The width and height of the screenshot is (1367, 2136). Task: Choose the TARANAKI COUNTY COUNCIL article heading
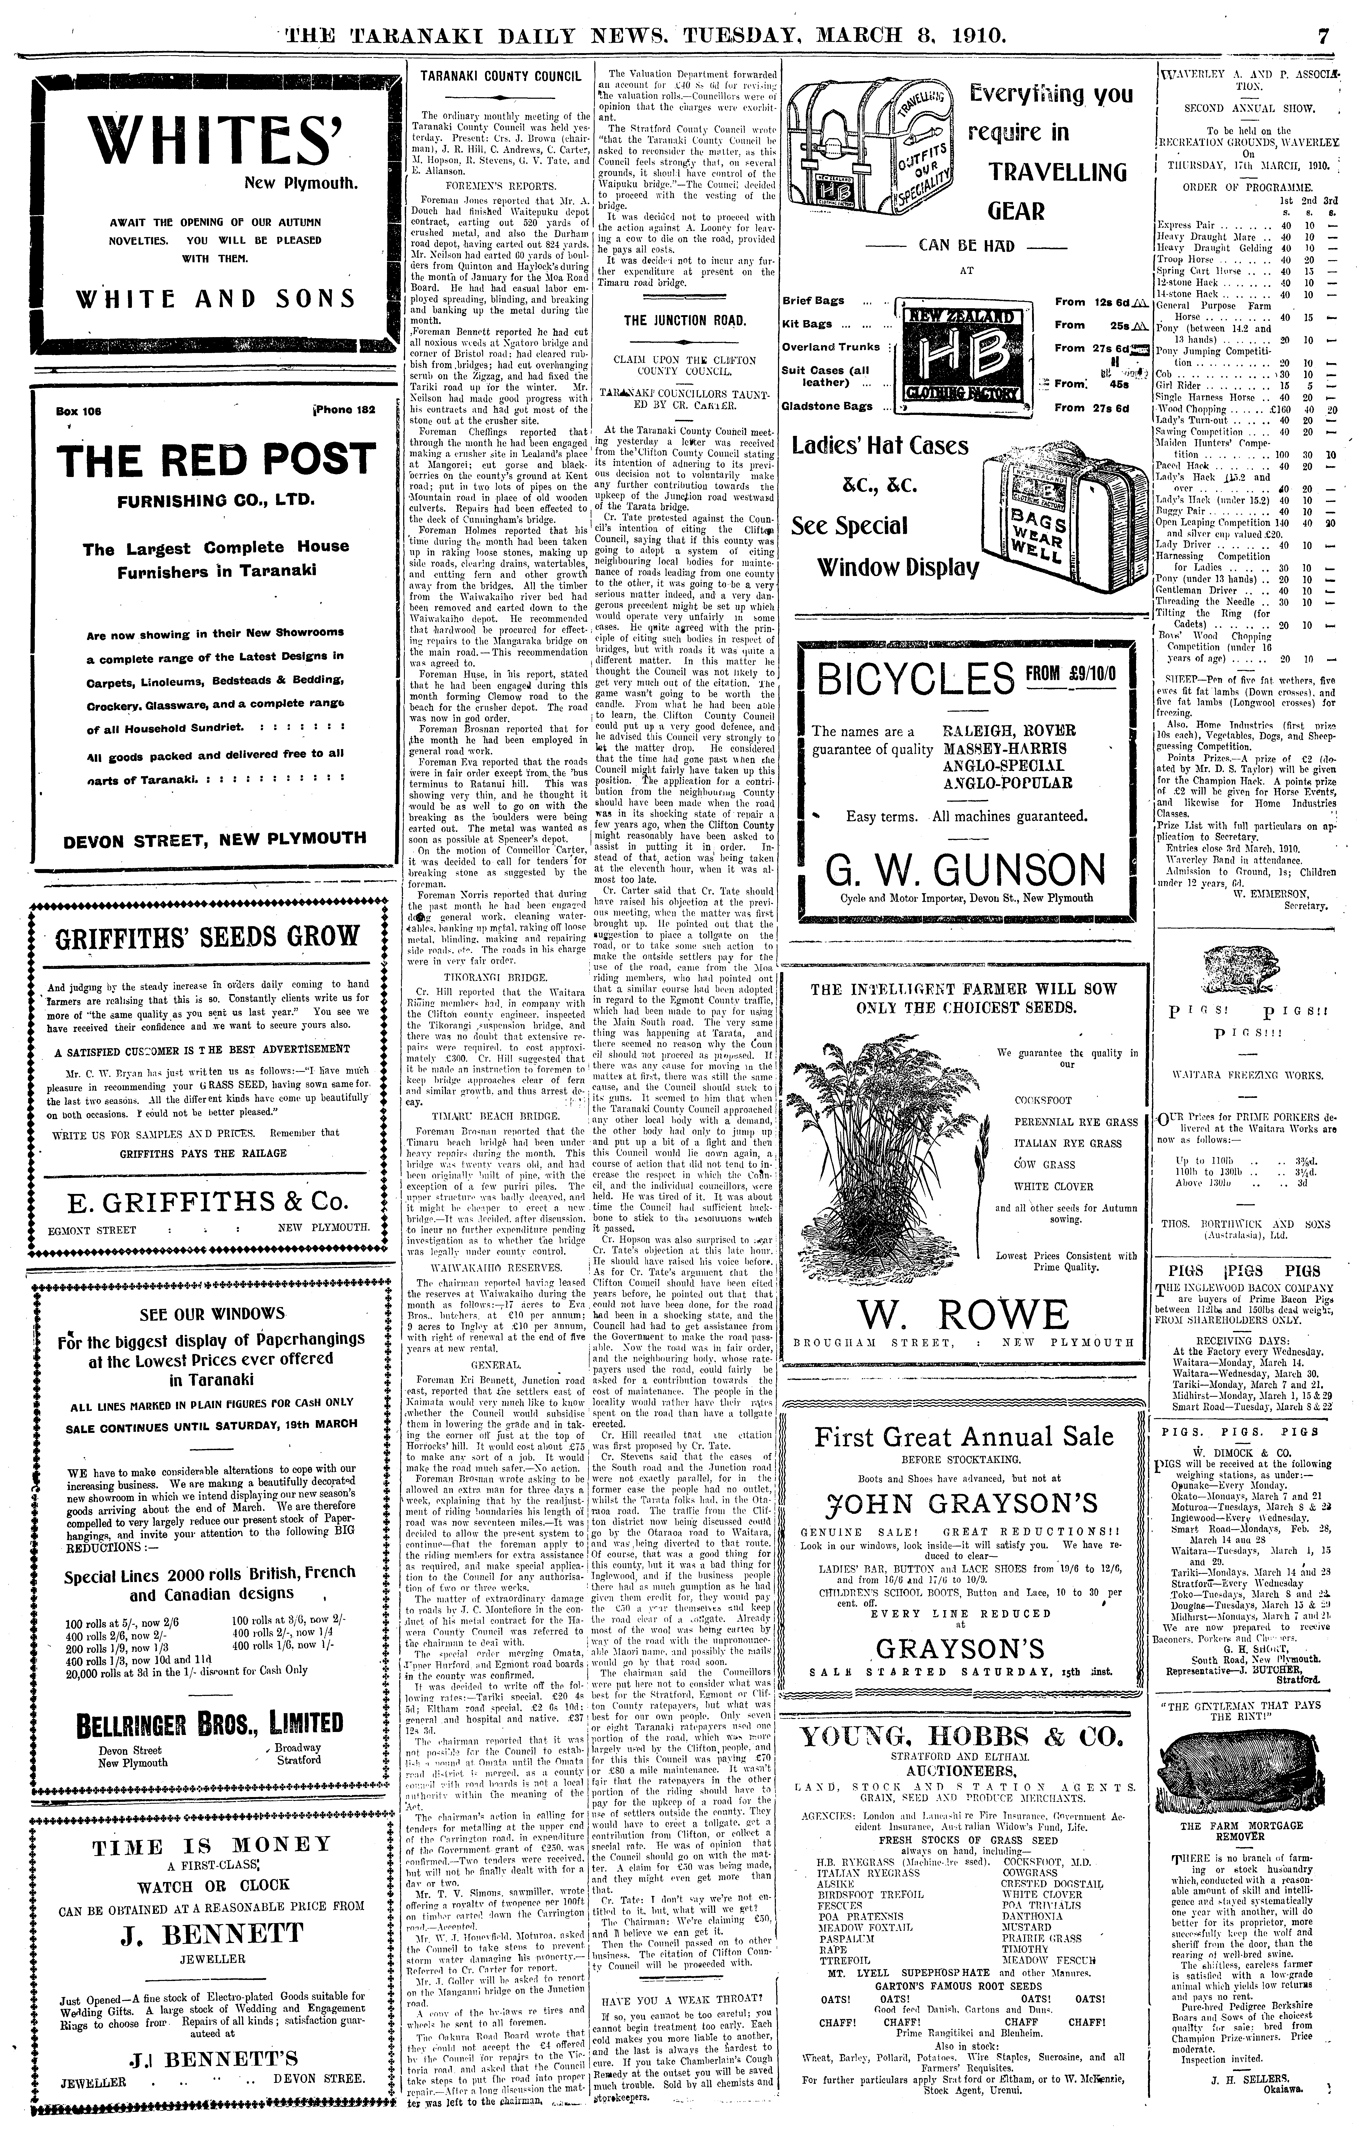tap(501, 77)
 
